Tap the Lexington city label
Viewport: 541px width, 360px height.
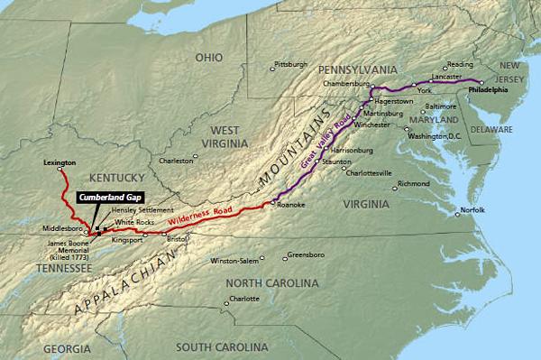(60, 162)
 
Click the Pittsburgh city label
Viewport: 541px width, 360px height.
(290, 65)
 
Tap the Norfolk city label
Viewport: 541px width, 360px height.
(472, 210)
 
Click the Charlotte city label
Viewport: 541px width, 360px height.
(243, 299)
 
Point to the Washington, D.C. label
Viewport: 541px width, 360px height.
(435, 135)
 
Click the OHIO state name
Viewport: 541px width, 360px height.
(209, 58)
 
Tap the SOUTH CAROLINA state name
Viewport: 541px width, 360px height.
(222, 346)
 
